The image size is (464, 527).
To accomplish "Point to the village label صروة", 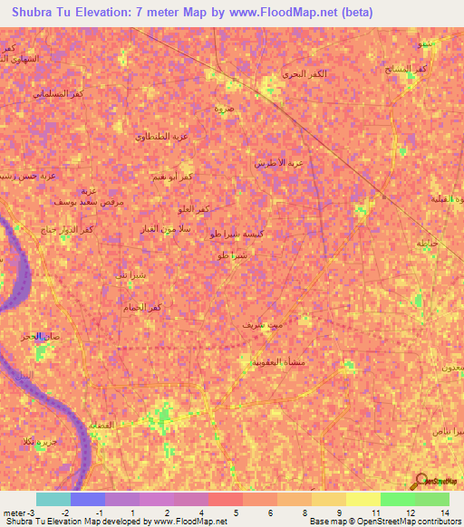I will [223, 108].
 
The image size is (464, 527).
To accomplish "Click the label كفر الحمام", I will [142, 308].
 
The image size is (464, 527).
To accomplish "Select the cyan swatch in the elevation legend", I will [53, 499].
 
